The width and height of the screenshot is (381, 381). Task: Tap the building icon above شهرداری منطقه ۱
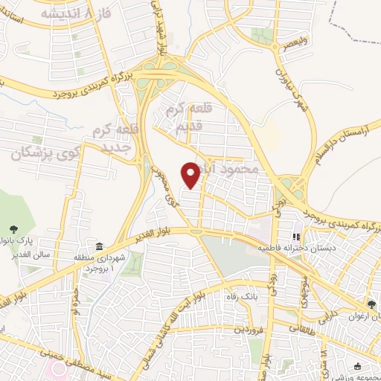[99, 246]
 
